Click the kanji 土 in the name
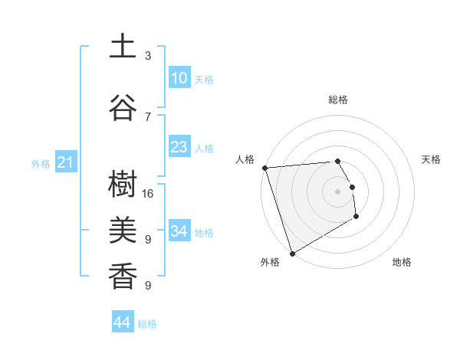coord(123,47)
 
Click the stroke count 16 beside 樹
coord(149,194)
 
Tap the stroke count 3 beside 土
coord(148,56)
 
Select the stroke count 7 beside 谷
coord(148,116)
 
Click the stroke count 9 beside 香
coord(148,286)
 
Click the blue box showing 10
coord(179,78)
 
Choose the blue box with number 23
coord(179,147)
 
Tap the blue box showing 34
coord(179,231)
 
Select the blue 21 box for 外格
coord(65,162)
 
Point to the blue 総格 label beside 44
coord(147,324)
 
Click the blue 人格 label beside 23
coord(204,149)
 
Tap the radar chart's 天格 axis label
coord(432,159)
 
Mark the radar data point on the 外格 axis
coord(291,253)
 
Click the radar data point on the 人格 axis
coord(264,168)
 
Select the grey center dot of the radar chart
coord(337,191)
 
